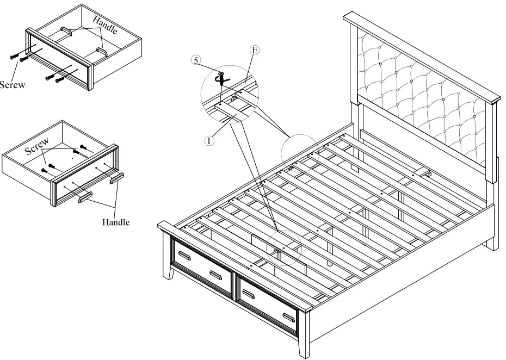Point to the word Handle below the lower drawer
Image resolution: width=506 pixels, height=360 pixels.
tap(116, 222)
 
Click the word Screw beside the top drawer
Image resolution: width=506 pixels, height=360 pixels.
tap(12, 85)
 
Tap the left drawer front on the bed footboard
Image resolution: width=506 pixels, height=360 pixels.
tap(202, 266)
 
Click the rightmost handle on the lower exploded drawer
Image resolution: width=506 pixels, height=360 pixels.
tap(118, 178)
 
